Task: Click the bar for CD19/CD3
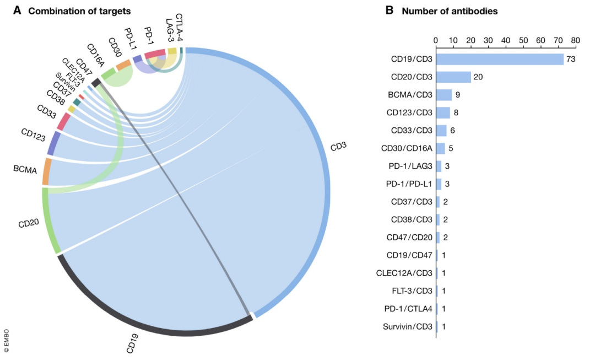(500, 59)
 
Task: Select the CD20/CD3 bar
(453, 77)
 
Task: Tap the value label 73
(571, 59)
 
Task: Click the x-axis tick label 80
(576, 40)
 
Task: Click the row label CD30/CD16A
(406, 148)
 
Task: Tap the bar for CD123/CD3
(443, 112)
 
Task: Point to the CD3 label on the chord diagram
(338, 148)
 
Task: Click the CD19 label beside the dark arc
(132, 343)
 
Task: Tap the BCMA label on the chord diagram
(25, 170)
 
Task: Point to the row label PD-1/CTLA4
(407, 309)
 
